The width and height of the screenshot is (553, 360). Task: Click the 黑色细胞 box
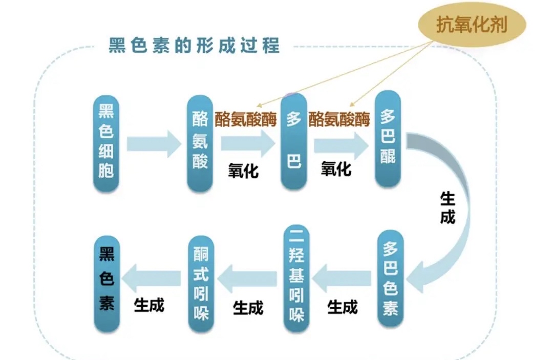click(x=106, y=143)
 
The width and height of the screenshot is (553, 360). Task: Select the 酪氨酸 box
click(x=200, y=143)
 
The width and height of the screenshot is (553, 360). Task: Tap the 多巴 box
click(x=293, y=141)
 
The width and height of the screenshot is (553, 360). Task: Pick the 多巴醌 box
click(x=388, y=139)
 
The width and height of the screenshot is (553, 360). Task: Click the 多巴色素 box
click(x=390, y=280)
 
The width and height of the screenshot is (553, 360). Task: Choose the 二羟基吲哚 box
click(x=296, y=279)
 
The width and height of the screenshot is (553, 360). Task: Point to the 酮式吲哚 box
click(x=201, y=285)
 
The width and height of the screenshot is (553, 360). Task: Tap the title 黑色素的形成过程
click(x=194, y=46)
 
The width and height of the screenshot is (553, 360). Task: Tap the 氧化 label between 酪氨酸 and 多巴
click(x=243, y=171)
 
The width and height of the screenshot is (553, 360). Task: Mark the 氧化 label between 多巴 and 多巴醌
click(x=336, y=168)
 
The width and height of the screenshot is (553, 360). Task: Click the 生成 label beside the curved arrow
click(x=447, y=208)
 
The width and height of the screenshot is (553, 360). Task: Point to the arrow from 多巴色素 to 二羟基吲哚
click(x=342, y=279)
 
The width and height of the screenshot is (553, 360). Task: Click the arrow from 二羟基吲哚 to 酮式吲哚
click(x=248, y=279)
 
